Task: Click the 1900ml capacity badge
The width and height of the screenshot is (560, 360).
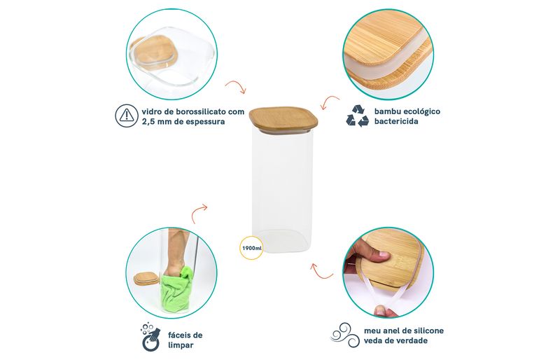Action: pos(252,248)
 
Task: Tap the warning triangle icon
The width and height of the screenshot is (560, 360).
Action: pos(127,116)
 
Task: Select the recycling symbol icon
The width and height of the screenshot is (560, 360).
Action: pos(358,116)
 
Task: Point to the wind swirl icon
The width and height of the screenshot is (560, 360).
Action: pos(344,335)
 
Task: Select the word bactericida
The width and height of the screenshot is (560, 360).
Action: pos(391,121)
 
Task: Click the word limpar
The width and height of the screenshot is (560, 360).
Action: pos(181,345)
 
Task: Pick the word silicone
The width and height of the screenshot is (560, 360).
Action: pos(428,331)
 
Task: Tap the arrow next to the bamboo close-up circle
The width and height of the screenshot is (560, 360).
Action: pos(330,102)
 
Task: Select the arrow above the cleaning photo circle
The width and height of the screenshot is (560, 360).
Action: pos(199,213)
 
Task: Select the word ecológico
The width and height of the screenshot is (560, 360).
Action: pos(423,111)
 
